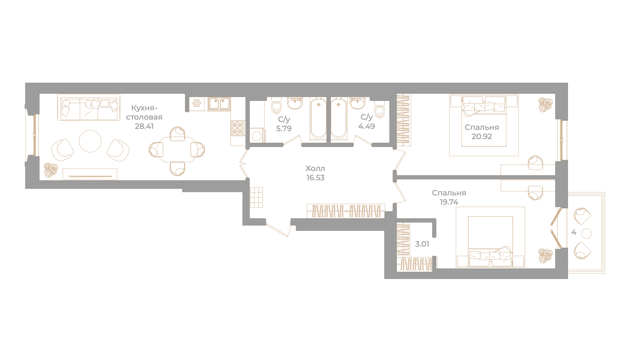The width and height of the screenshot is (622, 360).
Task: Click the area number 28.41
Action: [x=144, y=126]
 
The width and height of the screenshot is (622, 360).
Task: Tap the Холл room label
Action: [x=315, y=168]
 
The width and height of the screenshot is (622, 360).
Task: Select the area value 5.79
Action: [x=284, y=129]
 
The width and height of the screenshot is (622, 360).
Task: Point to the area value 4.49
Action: [x=366, y=126]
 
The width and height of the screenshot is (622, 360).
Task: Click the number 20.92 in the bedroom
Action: [x=482, y=136]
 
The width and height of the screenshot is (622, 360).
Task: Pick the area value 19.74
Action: [x=449, y=202]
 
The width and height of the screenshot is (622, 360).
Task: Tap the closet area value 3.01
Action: [x=422, y=244]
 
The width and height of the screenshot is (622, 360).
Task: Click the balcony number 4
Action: [x=574, y=232]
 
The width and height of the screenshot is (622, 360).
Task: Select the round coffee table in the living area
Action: [x=90, y=141]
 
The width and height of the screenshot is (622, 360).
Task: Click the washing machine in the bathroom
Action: [x=257, y=135]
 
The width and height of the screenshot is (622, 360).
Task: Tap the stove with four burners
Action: [x=238, y=128]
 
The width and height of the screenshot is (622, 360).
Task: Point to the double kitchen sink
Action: [x=219, y=104]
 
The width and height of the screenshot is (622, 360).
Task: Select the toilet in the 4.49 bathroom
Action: [x=380, y=109]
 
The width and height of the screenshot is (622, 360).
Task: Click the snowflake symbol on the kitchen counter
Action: [x=197, y=103]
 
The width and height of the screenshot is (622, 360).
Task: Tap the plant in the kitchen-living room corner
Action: [x=51, y=170]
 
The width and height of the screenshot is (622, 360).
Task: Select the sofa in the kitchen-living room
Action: [x=89, y=107]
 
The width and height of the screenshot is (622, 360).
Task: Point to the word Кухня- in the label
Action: [x=144, y=108]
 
